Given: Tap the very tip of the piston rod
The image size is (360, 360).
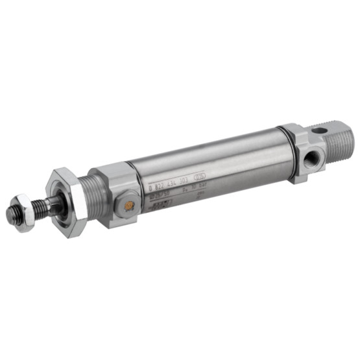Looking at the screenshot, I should (x=11, y=213).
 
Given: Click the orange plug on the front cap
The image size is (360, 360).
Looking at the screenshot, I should (x=129, y=206).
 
